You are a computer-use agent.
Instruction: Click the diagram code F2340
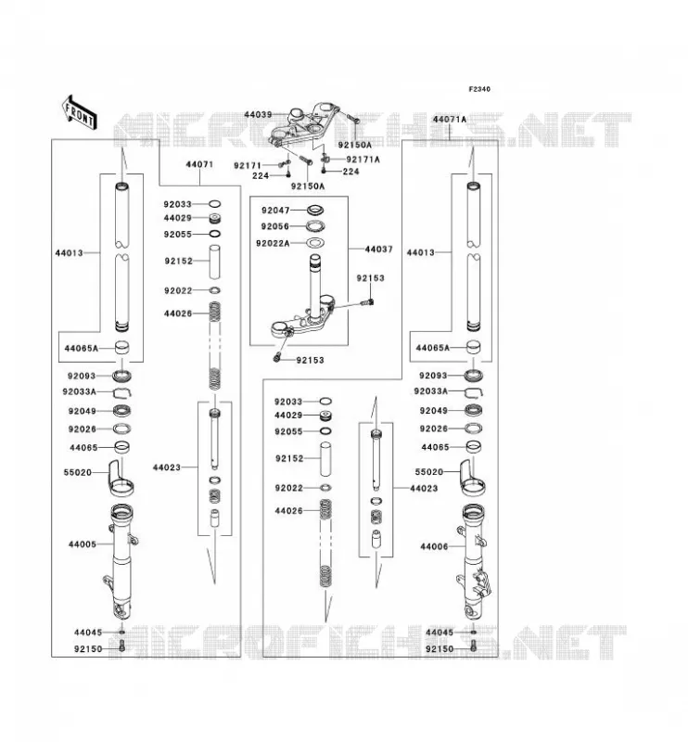[x=479, y=89]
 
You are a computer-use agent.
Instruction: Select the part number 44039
[x=258, y=114]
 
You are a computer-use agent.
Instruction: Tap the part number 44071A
[x=449, y=120]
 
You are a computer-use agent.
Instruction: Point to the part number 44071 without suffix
[x=199, y=164]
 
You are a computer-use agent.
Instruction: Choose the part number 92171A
[x=363, y=160]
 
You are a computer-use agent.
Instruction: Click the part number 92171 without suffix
[x=248, y=166]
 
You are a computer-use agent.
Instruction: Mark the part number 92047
[x=275, y=211]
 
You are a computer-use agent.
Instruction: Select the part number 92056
[x=274, y=226]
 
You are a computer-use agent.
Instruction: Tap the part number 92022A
[x=273, y=243]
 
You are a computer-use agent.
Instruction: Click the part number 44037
[x=378, y=249]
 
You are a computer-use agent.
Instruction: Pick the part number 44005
[x=83, y=544]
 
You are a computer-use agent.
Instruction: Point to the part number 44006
[x=434, y=546]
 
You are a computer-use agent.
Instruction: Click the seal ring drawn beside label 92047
[x=315, y=210]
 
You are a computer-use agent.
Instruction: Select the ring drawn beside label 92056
[x=315, y=225]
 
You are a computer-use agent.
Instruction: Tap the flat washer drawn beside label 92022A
[x=315, y=243]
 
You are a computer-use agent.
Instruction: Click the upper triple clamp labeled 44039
[x=304, y=125]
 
